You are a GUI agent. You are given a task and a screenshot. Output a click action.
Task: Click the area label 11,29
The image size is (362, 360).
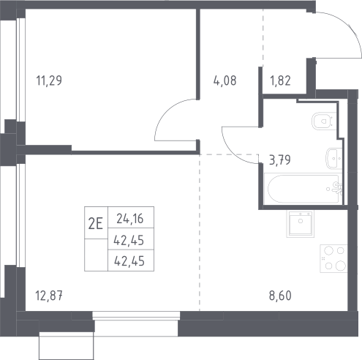click(49, 80)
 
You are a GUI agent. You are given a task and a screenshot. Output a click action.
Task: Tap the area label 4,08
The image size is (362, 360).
click(225, 80)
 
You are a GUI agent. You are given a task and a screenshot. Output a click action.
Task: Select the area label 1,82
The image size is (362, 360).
click(280, 80)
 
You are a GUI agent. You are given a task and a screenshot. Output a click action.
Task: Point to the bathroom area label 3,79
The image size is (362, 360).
click(280, 160)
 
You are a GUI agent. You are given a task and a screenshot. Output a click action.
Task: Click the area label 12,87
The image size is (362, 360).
click(49, 296)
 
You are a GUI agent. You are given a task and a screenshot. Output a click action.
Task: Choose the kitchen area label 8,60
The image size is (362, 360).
click(280, 296)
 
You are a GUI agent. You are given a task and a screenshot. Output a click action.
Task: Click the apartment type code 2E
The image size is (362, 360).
click(96, 223)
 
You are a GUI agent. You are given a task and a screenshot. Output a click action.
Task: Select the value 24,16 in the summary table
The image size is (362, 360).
click(130, 219)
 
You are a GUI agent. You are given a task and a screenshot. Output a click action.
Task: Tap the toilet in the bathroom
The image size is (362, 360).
click(323, 121)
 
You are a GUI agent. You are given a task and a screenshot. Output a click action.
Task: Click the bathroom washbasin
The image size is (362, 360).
click(333, 158)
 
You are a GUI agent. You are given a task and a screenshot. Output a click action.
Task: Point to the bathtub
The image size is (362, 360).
click(303, 188)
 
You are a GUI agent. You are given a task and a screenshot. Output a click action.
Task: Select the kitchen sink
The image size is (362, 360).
click(301, 224)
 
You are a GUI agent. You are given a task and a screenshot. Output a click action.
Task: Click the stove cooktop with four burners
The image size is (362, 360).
click(333, 258)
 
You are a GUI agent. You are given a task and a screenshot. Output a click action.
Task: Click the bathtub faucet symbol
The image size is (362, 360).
click(336, 188)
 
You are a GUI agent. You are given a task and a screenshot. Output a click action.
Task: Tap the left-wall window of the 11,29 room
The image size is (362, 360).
click(20, 70)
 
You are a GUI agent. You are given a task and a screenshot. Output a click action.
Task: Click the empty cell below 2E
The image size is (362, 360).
click(96, 255)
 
